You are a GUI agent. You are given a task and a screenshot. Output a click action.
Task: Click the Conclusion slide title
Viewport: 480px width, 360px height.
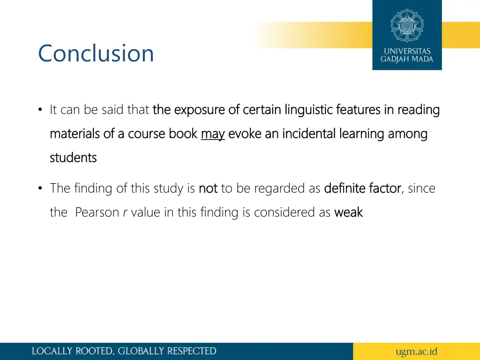click(96, 53)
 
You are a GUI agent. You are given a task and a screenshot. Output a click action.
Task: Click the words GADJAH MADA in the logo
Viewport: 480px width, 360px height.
click(407, 60)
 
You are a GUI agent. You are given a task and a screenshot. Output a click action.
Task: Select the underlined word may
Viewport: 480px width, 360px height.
click(213, 134)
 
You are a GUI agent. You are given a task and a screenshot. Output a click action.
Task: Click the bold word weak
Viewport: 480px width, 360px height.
click(348, 212)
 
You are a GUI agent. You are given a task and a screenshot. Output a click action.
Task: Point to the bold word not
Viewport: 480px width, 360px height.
click(208, 188)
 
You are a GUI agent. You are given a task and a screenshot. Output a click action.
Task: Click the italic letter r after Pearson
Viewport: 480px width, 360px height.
click(125, 213)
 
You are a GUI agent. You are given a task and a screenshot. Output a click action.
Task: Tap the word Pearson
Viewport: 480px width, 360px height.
click(97, 212)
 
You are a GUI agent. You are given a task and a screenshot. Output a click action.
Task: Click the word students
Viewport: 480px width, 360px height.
click(73, 158)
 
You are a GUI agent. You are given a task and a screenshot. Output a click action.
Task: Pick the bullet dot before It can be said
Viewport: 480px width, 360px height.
click(41, 110)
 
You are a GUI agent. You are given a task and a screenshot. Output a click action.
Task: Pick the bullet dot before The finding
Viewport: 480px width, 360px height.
click(41, 188)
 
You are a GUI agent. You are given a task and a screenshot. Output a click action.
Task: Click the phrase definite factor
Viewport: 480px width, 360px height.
click(362, 188)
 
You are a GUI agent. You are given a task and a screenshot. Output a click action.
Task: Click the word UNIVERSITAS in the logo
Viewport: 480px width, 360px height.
click(407, 51)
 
